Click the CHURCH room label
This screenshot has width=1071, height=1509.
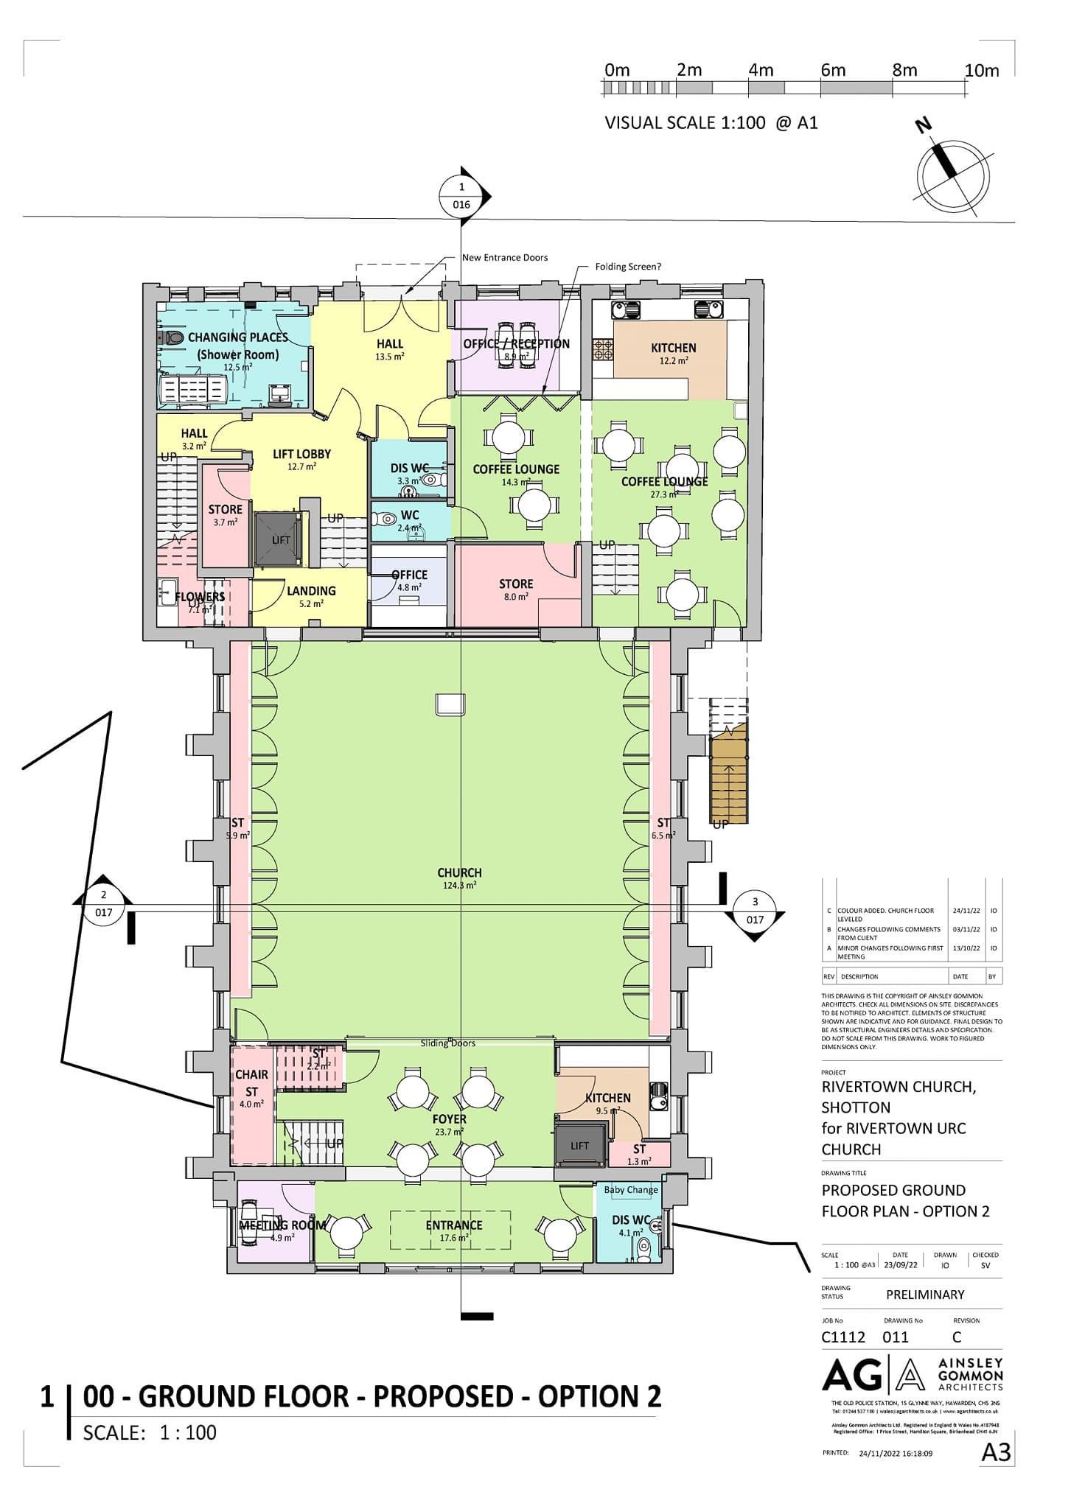click(x=459, y=872)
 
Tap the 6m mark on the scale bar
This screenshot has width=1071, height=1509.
click(x=832, y=71)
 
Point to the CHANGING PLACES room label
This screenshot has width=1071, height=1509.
click(x=237, y=337)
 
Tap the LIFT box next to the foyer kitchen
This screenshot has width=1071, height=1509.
click(x=580, y=1145)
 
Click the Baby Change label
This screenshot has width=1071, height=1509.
click(x=631, y=1189)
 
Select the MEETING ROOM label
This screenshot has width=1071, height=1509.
click(x=282, y=1225)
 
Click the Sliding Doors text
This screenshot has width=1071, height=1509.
click(x=447, y=1043)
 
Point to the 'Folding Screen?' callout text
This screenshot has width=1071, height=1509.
click(x=628, y=267)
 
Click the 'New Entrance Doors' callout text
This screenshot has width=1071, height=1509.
click(x=505, y=258)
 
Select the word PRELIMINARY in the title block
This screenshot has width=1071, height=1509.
click(x=924, y=1295)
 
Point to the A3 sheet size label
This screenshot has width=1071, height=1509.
click(x=996, y=1452)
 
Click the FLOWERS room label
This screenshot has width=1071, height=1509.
click(x=200, y=597)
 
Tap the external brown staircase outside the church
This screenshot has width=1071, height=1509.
click(x=728, y=781)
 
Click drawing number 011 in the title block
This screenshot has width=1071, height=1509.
click(x=896, y=1337)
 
